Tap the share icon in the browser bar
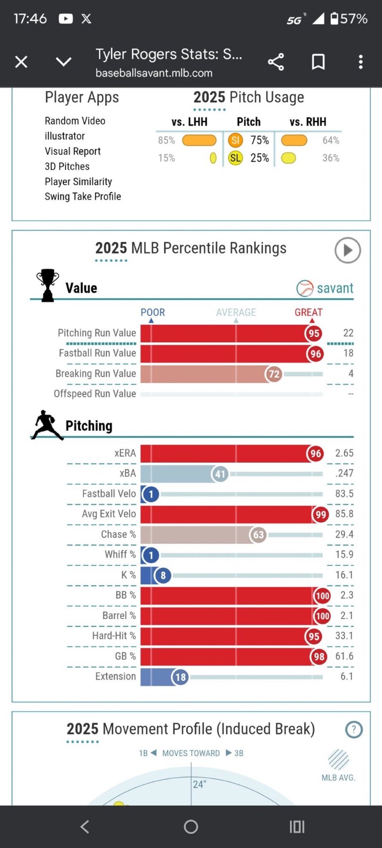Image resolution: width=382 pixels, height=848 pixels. coord(276,62)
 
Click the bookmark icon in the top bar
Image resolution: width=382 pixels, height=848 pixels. coord(318,62)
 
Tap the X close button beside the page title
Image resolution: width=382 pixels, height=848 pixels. coord(21,62)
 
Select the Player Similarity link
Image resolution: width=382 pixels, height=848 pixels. coord(78,181)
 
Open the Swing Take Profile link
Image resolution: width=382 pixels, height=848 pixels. coord(83,196)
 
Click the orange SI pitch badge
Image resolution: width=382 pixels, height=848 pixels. coord(235,140)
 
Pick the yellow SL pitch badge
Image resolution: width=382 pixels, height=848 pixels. coord(235,158)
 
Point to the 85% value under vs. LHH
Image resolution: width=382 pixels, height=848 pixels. coord(166,140)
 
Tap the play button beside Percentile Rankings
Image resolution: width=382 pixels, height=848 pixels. coord(348,250)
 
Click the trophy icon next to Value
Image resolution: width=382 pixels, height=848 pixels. coord(48,285)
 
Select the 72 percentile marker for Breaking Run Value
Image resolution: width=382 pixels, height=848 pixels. coord(274,374)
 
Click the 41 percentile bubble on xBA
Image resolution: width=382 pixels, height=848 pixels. coord(220,474)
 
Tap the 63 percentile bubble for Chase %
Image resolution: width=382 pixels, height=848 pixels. coord(258,535)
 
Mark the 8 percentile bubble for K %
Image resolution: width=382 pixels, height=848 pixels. coord(163,575)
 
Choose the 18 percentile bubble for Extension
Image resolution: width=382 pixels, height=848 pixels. coord(181,677)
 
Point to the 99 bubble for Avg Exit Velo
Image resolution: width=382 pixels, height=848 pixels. coord(321,514)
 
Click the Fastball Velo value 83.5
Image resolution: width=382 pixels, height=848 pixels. coord(344,494)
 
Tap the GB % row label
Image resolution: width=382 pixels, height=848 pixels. coord(125,656)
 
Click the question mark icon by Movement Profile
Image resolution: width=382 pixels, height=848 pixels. coord(354,730)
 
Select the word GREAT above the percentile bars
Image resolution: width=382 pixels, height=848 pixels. coord(308,312)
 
